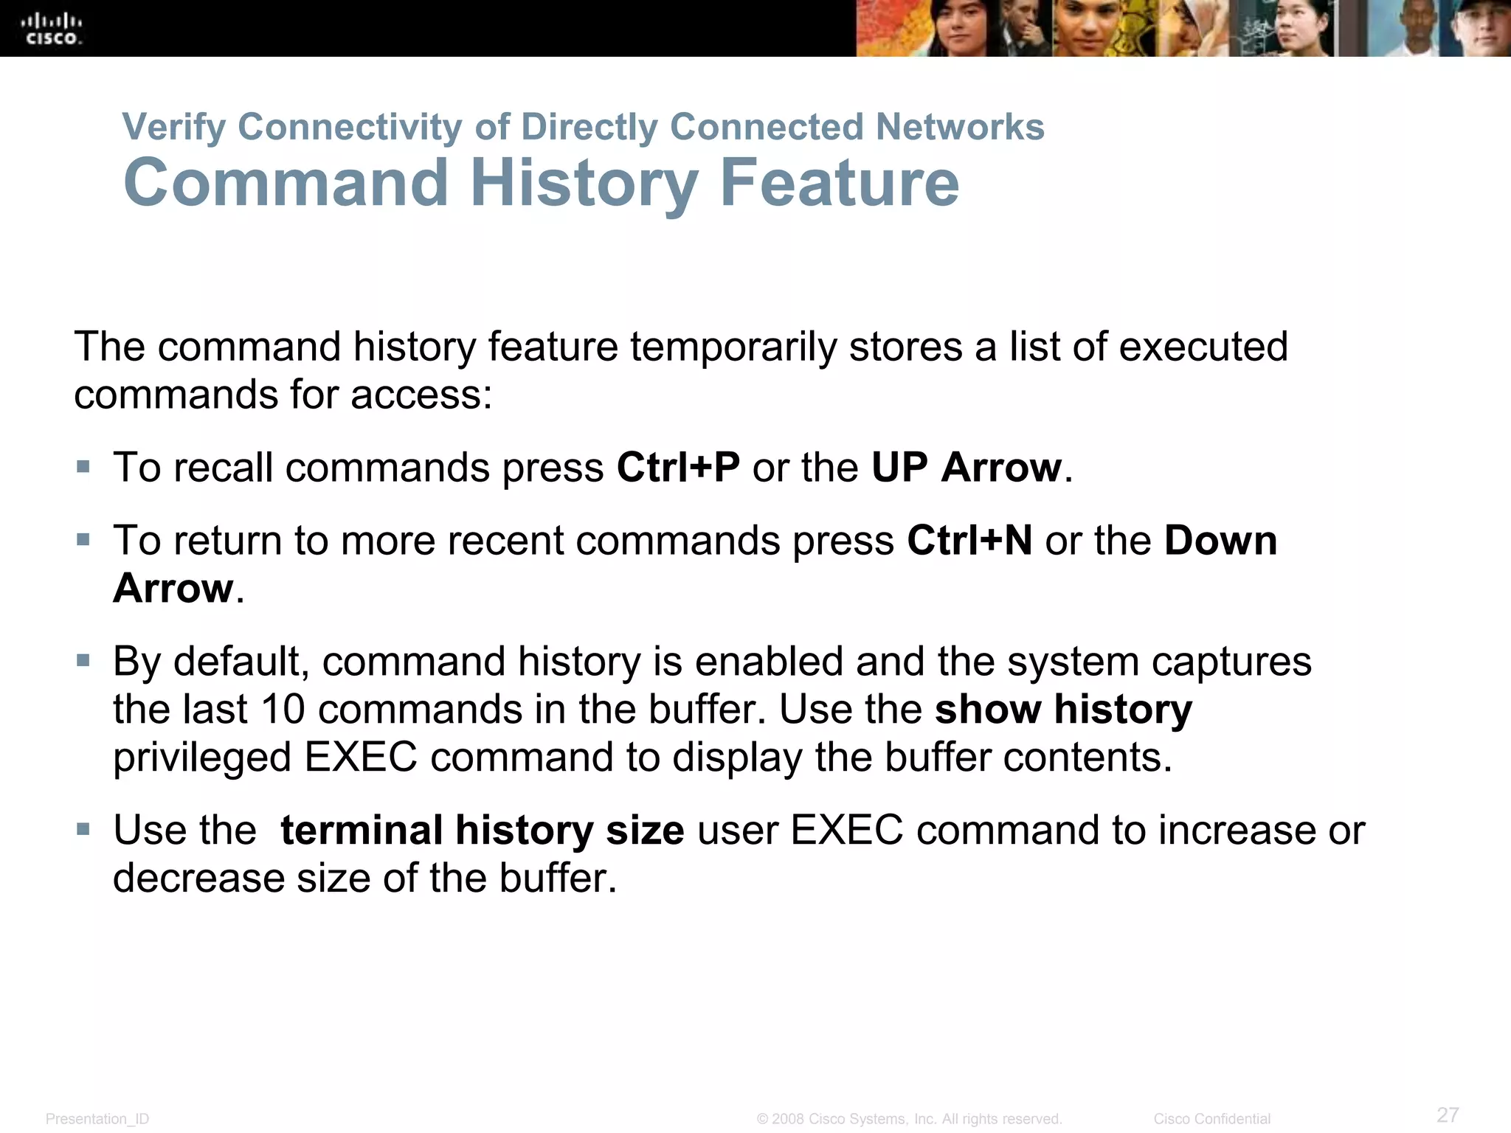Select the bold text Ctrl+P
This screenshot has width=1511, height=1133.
tap(678, 468)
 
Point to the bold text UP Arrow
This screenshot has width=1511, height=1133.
tap(967, 468)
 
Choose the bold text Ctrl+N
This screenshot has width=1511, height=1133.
tap(969, 541)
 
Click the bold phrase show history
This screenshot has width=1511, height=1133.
tap(1063, 710)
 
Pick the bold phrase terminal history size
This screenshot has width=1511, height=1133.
tap(483, 831)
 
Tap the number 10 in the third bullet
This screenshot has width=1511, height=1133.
tap(283, 710)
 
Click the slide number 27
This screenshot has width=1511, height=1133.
tap(1448, 1115)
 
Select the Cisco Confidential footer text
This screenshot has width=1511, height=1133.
tap(1211, 1119)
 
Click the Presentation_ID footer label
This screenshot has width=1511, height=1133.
tap(97, 1119)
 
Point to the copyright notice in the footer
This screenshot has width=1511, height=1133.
tap(909, 1119)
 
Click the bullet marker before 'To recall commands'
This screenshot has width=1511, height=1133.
tap(83, 467)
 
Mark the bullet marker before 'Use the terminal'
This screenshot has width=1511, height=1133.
tap(83, 829)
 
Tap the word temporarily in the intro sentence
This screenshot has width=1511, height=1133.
tap(733, 347)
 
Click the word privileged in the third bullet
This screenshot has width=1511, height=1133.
tap(202, 758)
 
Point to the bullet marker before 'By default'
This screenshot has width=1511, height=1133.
tap(83, 660)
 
